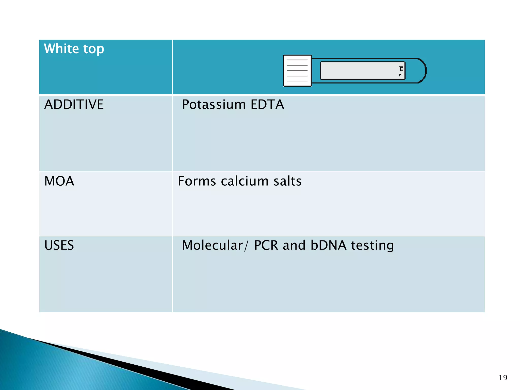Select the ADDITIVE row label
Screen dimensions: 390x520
74,104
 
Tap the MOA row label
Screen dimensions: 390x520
59,181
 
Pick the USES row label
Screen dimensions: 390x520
59,245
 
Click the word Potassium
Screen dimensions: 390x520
214,105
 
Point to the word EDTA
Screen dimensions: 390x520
267,104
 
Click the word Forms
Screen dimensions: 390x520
197,181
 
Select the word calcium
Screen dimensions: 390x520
245,181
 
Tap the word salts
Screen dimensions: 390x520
287,181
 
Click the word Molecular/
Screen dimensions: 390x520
215,245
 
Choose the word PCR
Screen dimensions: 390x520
266,245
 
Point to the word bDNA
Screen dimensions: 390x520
328,245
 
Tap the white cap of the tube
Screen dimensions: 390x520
297,71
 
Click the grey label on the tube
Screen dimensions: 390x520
358,71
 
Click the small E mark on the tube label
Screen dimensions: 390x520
401,69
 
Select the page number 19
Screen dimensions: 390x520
503,378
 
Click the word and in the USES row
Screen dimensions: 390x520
294,245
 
